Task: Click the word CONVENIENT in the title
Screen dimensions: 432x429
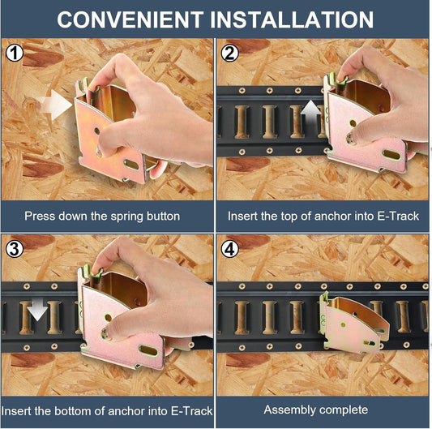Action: point(130,19)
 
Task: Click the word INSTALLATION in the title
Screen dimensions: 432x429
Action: point(292,19)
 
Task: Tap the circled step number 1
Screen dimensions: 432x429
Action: point(15,53)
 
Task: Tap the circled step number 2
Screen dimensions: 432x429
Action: point(229,53)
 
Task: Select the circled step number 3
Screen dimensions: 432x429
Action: point(15,249)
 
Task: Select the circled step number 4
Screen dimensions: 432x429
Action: point(229,249)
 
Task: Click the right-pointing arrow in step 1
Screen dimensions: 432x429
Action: point(55,105)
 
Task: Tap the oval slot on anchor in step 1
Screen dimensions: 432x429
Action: point(131,165)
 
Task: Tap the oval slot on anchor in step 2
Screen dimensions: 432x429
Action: point(391,155)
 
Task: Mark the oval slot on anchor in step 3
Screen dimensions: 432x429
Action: point(148,350)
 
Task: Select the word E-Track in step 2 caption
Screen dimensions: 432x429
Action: point(398,217)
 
